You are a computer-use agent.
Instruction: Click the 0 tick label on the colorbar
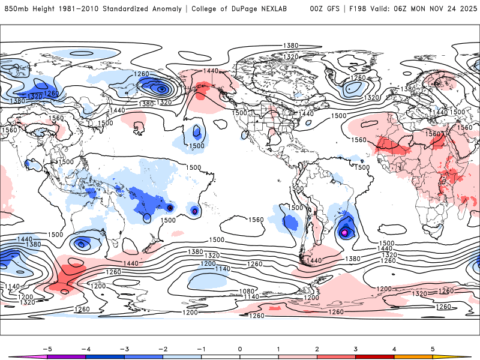(239, 348)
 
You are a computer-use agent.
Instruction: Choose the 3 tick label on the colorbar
(356, 348)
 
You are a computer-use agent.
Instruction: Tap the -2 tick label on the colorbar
(162, 348)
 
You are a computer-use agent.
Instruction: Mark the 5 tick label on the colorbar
(433, 348)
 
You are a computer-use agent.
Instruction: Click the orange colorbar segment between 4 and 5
(413, 356)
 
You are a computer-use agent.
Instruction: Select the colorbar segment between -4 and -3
(104, 356)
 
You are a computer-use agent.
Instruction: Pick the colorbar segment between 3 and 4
(375, 356)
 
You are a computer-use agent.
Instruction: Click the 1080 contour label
(247, 291)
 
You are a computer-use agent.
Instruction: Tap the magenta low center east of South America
(344, 232)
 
